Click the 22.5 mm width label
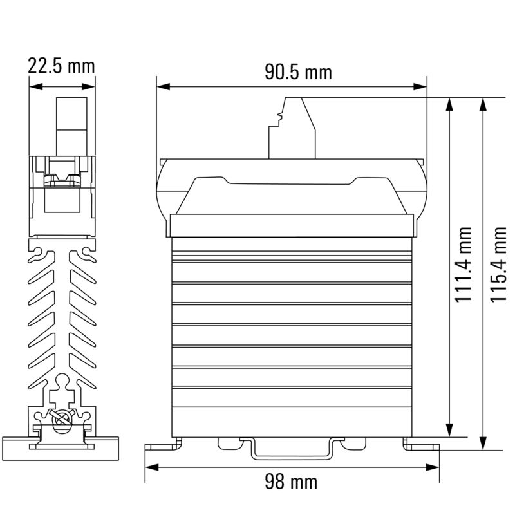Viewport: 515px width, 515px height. point(61,66)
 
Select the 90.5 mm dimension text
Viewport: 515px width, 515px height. point(298,72)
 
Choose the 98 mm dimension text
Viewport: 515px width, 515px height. point(291,481)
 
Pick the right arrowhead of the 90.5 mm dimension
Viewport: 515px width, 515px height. point(421,86)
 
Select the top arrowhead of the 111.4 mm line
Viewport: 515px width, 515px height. point(449,105)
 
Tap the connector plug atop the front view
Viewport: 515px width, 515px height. point(293,127)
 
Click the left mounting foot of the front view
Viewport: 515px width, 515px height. point(162,445)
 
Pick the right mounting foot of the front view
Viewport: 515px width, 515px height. point(422,445)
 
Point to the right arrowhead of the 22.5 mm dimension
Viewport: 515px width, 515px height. point(90,86)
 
